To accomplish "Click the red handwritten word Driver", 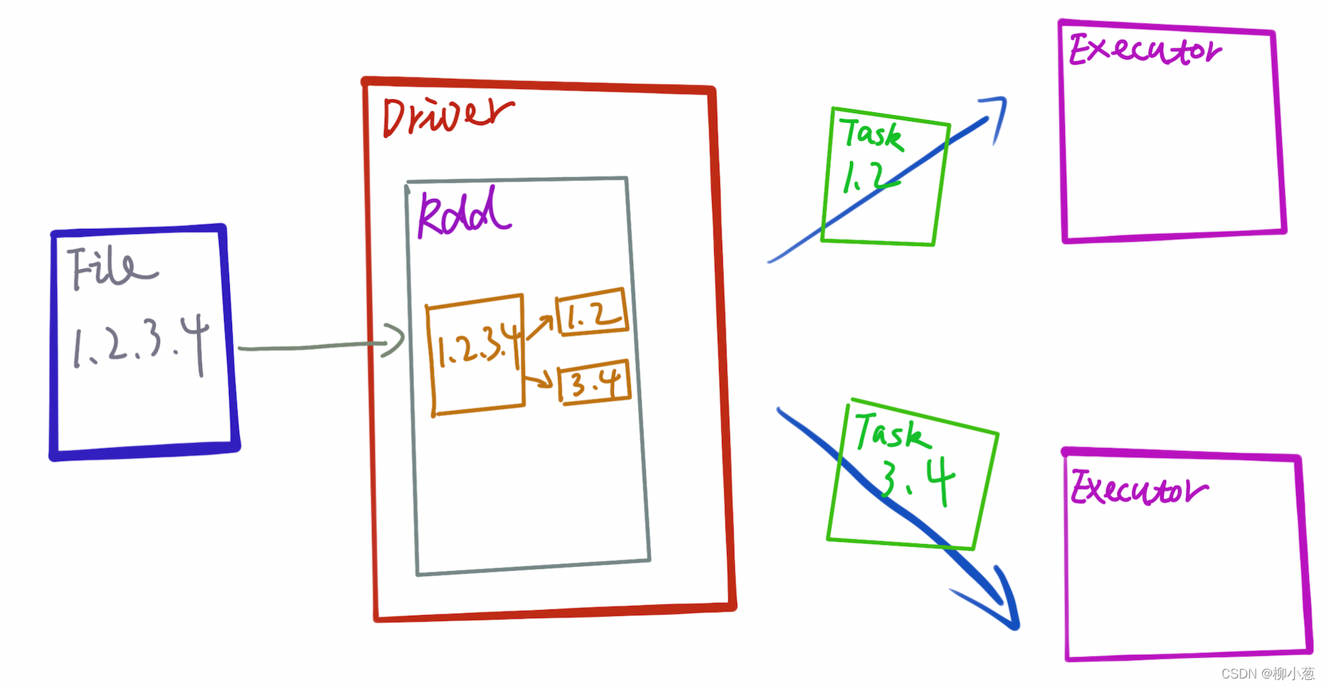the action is click(x=447, y=117).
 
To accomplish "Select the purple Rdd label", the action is click(x=463, y=213).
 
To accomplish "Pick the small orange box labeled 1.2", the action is click(x=593, y=311).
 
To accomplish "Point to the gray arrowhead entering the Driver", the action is click(x=396, y=340).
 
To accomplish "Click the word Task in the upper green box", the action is click(x=871, y=134).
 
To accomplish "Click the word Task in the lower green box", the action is click(x=892, y=432).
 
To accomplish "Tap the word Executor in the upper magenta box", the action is click(x=1145, y=50).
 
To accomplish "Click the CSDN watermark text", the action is click(x=1268, y=673).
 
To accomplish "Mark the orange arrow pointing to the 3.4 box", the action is click(x=538, y=379).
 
